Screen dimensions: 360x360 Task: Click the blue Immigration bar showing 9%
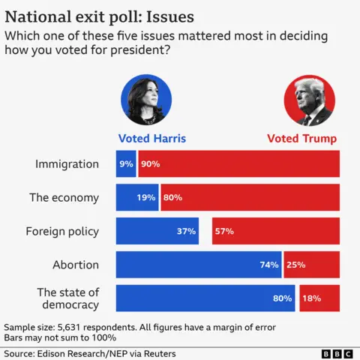tap(125, 163)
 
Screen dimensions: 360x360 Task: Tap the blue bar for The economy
tap(136, 197)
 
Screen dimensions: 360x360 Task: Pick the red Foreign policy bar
tap(275, 231)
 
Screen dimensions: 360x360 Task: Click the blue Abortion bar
tap(198, 265)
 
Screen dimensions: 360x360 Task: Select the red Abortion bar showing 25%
tap(321, 265)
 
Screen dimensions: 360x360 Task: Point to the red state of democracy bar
tap(319, 298)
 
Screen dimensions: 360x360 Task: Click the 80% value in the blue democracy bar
tap(283, 298)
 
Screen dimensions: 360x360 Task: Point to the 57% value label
tap(224, 231)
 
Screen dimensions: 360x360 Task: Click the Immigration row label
tap(67, 163)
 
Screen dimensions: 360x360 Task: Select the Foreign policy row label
tap(62, 231)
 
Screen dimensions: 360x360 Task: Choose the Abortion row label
tap(76, 265)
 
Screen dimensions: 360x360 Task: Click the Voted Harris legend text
tap(152, 138)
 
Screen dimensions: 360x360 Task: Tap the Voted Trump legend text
tap(302, 138)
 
